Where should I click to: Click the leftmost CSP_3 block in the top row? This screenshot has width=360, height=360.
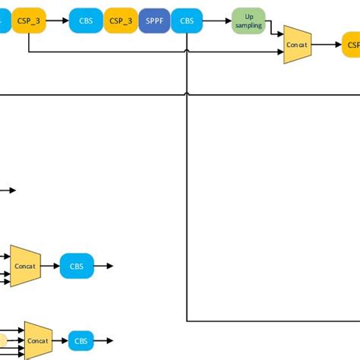[28, 22]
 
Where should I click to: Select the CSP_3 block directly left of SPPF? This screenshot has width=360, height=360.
[120, 22]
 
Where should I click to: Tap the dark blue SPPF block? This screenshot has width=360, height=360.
[154, 22]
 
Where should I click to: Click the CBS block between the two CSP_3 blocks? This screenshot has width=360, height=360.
[85, 22]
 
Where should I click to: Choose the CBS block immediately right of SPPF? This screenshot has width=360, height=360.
[185, 22]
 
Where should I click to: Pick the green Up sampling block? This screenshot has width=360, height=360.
[248, 21]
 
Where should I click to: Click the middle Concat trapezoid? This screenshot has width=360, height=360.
[25, 266]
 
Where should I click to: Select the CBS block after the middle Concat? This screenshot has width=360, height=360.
[77, 266]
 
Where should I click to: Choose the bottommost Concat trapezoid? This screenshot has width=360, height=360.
[38, 341]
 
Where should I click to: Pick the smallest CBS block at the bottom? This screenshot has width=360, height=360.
[81, 341]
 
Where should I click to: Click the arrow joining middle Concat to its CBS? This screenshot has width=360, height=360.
[49, 266]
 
